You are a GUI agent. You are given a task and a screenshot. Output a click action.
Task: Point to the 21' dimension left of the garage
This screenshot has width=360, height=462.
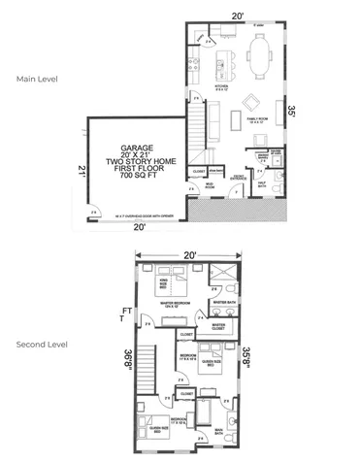(x=69, y=171)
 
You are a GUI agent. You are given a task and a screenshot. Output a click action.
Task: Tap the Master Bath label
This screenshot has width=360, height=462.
(x=220, y=303)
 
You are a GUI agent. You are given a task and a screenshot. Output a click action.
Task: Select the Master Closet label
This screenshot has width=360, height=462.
(x=220, y=326)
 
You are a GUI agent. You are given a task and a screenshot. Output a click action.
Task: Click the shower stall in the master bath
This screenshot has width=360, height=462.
(x=225, y=272)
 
